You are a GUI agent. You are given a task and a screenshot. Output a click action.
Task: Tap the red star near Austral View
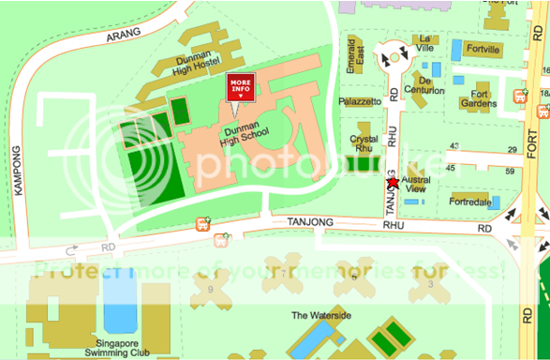tap(393, 183)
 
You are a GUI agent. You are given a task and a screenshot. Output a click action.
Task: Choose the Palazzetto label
tap(361, 100)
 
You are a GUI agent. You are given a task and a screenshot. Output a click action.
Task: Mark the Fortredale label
tap(470, 202)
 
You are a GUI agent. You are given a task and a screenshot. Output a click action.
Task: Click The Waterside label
tap(321, 316)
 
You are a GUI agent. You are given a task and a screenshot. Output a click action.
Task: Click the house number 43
tap(454, 146)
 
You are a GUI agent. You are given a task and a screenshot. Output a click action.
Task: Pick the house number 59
tap(512, 171)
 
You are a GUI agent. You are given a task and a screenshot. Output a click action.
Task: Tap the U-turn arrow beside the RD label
tap(73, 250)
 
